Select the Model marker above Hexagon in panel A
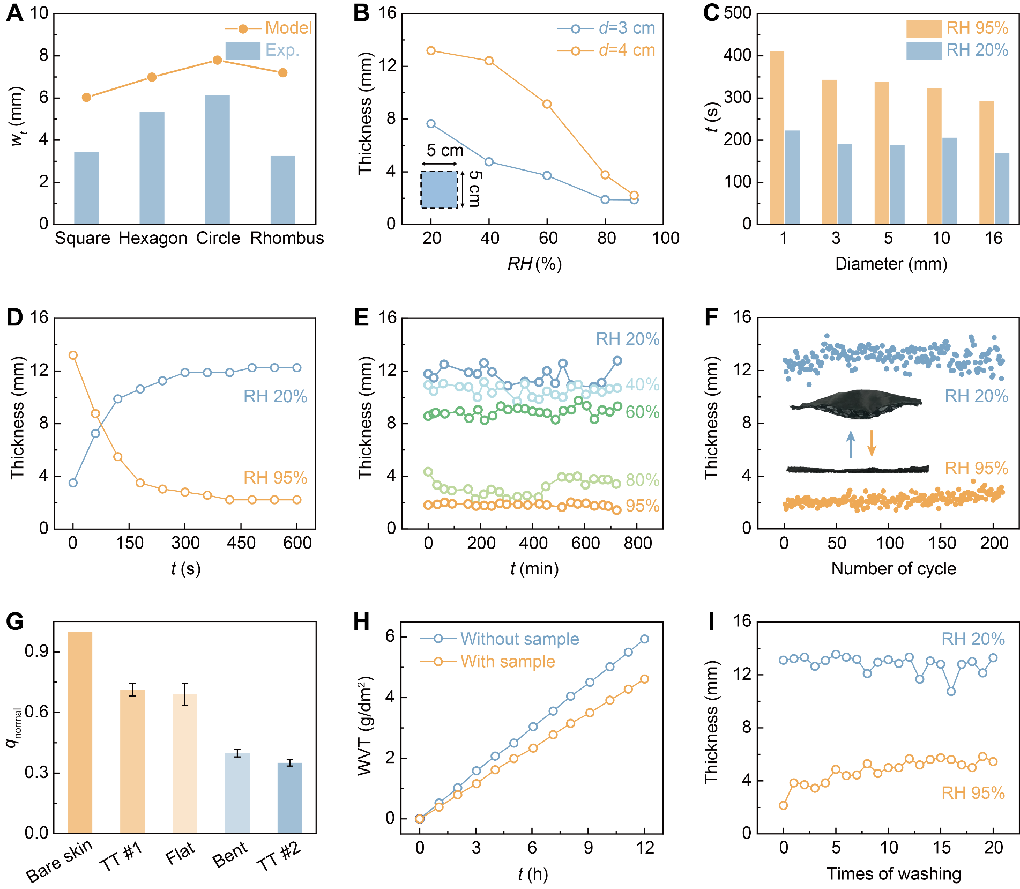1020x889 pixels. (x=152, y=77)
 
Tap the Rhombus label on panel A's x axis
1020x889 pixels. (x=287, y=238)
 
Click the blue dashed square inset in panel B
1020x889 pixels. (x=439, y=189)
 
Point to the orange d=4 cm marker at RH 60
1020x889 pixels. (x=547, y=104)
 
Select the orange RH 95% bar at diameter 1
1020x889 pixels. (x=777, y=137)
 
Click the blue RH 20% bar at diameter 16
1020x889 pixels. (x=1002, y=188)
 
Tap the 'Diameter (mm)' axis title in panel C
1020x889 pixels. (x=891, y=264)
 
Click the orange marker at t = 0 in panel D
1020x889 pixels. (x=73, y=355)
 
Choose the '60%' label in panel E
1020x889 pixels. (x=642, y=412)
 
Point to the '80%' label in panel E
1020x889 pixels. (x=642, y=480)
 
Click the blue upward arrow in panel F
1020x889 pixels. (x=851, y=445)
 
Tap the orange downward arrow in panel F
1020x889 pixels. (x=872, y=443)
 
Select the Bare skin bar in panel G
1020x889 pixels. (x=80, y=732)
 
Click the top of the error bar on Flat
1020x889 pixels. (x=185, y=684)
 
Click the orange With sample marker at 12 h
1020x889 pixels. (x=644, y=679)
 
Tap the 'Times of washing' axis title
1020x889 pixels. (x=894, y=873)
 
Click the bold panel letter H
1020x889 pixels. (x=362, y=622)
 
